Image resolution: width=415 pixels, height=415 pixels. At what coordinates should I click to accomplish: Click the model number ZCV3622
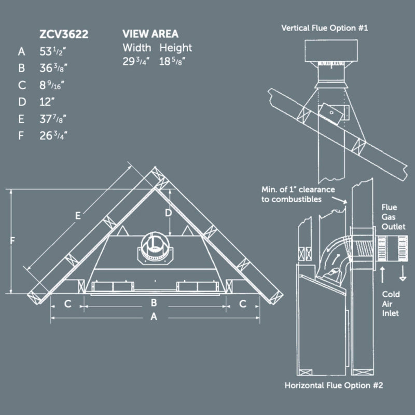tap(63, 35)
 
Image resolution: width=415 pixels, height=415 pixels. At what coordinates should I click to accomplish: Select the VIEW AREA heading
tap(150, 34)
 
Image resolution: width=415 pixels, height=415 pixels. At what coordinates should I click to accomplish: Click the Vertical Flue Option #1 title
tap(324, 27)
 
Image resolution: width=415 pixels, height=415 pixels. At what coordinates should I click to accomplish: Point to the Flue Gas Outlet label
tap(393, 216)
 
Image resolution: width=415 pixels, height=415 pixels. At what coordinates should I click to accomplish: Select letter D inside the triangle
tap(168, 212)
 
